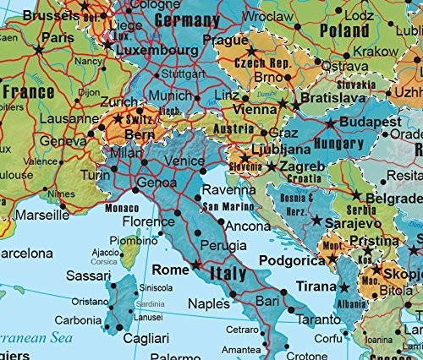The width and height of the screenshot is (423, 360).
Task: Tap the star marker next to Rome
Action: pos(196,265)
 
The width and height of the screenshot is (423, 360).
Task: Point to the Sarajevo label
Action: pos(354,221)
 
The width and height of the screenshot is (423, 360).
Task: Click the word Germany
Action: pos(172,21)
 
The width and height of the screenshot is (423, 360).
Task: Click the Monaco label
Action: pos(122,208)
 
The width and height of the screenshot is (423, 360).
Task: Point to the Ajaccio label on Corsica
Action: pos(105,252)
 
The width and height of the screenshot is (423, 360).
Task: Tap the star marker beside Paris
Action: pos(38,50)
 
